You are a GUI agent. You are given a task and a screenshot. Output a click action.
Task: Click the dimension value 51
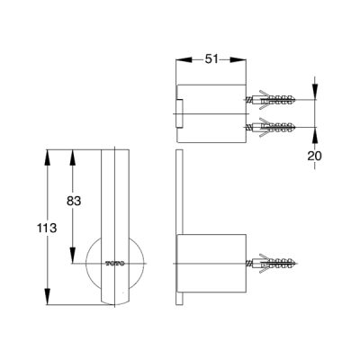211,59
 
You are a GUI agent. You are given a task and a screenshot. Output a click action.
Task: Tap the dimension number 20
314,156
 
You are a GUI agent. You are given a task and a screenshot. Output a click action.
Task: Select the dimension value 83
74,201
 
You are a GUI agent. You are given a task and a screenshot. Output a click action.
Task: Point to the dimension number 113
47,229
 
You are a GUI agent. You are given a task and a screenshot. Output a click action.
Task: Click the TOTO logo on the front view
115,264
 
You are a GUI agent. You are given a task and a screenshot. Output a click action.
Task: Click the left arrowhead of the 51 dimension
184,59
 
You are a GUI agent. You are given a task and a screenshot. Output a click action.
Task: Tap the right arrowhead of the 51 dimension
238,59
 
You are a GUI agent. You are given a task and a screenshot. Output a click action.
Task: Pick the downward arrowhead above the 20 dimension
314,91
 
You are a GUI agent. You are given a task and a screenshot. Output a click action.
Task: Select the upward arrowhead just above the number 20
314,136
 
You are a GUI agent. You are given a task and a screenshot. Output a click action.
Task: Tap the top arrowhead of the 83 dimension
72,157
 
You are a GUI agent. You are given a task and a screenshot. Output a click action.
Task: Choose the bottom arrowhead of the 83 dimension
72,256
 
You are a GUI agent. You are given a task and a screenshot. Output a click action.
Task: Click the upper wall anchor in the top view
271,99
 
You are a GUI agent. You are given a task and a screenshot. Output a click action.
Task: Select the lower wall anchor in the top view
271,128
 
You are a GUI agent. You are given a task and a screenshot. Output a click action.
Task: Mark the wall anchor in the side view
271,264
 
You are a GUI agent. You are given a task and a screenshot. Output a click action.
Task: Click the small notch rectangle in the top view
179,113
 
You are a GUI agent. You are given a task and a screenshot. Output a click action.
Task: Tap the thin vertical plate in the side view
179,227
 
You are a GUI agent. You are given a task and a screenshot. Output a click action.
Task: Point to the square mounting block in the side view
211,264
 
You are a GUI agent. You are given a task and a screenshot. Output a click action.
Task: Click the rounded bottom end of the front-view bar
115,301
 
